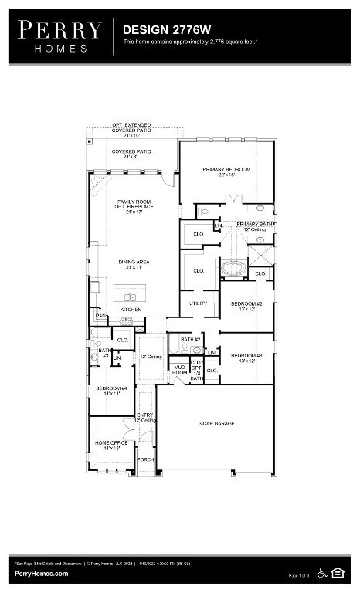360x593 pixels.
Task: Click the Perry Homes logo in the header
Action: coord(60,36)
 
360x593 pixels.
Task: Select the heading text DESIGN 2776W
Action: coord(157,29)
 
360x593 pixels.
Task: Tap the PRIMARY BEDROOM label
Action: coord(226,169)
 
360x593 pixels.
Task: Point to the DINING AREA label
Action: coord(134,262)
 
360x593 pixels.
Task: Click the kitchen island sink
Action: coord(130,296)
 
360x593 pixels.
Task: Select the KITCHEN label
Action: coord(131,309)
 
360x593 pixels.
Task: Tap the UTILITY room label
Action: coord(199,303)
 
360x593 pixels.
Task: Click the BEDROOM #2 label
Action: coord(246,304)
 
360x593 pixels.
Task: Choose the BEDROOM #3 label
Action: coord(246,355)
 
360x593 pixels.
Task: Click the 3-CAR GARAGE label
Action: coord(216,423)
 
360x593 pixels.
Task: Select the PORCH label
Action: coord(145,459)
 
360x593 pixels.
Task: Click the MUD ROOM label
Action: coord(179,369)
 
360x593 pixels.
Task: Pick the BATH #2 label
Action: coord(191,339)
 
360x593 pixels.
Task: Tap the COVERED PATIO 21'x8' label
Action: coord(131,152)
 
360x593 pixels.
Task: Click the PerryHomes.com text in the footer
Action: coord(42,574)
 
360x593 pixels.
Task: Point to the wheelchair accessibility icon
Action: coord(323,573)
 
